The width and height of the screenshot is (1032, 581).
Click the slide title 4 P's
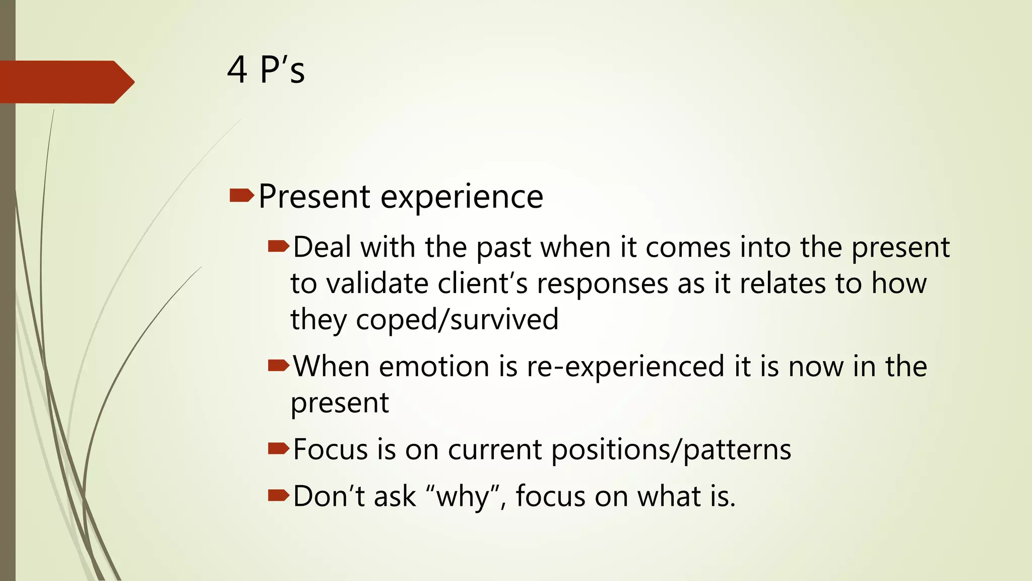266,70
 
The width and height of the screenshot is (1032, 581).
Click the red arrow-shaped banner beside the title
66,82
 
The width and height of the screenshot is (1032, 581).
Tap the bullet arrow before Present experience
241,196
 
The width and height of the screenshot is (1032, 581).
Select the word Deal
322,247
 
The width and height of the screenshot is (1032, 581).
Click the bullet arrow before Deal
278,247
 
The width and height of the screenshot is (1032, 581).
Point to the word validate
377,283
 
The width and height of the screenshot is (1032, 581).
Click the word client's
482,283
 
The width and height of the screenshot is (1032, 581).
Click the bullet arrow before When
278,365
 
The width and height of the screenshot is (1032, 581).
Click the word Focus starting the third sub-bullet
330,449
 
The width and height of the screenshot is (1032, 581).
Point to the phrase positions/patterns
671,450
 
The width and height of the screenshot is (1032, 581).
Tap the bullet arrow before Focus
278,448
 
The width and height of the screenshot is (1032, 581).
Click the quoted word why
463,497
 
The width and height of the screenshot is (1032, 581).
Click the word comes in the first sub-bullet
688,248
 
